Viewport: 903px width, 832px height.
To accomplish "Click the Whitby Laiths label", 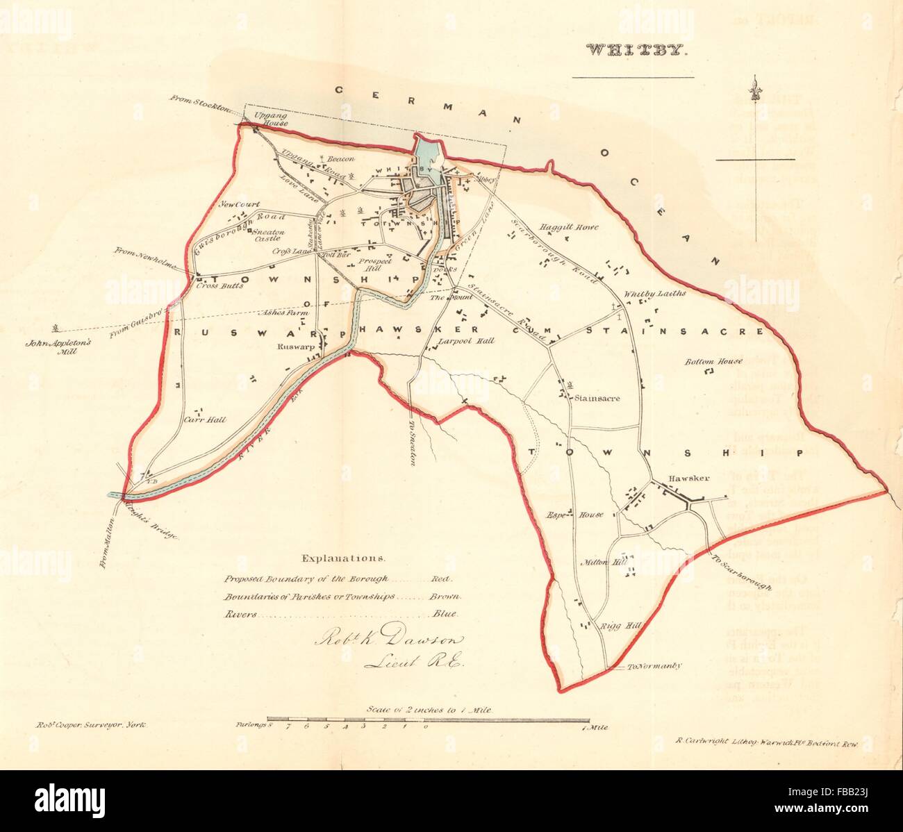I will [654, 294].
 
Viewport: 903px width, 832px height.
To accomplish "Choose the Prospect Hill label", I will [376, 265].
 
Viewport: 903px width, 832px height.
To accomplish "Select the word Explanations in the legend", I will [342, 558].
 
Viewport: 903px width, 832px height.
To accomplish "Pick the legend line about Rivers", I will [340, 614].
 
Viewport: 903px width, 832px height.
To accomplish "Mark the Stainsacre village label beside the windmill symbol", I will [596, 399].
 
